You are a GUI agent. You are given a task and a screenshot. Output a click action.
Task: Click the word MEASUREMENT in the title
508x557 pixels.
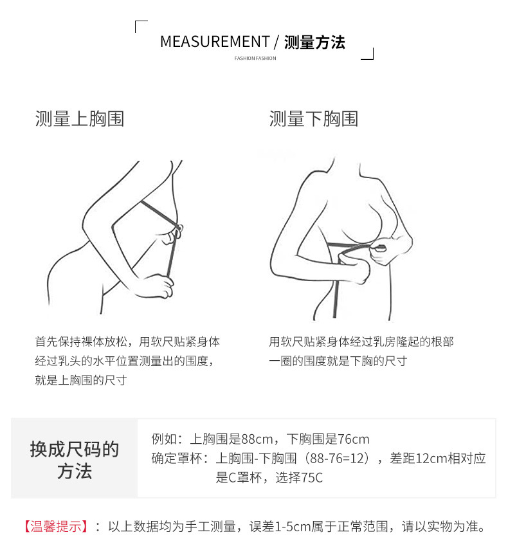point(215,42)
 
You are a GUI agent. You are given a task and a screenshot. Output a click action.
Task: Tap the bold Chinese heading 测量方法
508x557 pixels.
point(314,42)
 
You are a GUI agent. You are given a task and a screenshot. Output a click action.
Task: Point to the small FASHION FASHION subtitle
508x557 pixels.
point(255,59)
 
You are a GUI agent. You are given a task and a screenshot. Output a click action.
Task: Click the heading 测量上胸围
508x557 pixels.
point(79,118)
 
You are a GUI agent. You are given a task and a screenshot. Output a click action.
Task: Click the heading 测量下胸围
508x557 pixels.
point(313,118)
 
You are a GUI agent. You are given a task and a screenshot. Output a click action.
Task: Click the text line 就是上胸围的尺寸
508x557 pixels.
point(80,380)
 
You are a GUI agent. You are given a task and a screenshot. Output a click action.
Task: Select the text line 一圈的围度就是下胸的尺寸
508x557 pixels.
point(338,361)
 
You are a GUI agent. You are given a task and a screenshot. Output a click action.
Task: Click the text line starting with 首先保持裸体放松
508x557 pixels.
point(127,342)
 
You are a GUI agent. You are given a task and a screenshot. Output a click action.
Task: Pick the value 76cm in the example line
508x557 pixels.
point(354,440)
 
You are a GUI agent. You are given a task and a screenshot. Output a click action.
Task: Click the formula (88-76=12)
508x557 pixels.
point(338,459)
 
